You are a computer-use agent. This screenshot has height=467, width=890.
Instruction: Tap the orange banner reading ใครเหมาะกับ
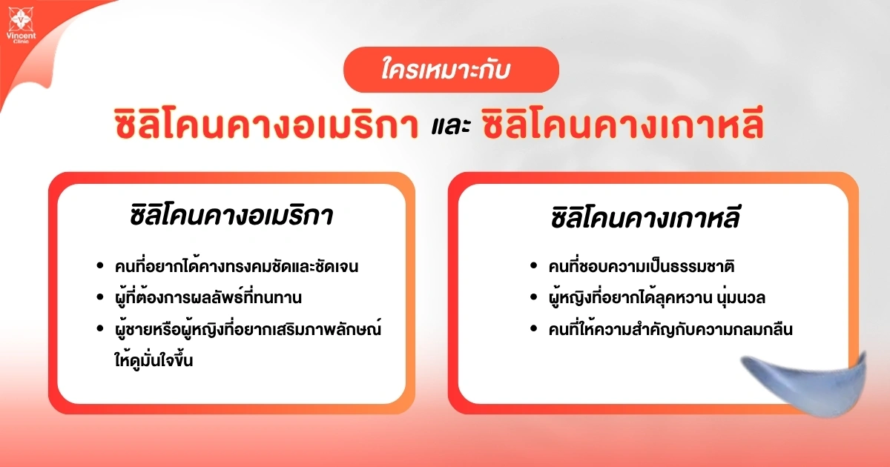point(450,70)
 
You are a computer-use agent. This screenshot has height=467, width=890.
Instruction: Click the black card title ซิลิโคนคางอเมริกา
point(231,218)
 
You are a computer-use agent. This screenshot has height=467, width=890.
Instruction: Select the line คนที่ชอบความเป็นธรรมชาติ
point(642,266)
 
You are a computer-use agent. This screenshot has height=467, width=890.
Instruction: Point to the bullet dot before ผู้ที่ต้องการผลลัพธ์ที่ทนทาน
point(100,299)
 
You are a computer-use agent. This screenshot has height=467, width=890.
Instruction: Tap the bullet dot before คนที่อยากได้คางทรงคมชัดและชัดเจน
point(100,267)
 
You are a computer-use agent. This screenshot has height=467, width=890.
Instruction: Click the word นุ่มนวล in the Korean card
point(742,298)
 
